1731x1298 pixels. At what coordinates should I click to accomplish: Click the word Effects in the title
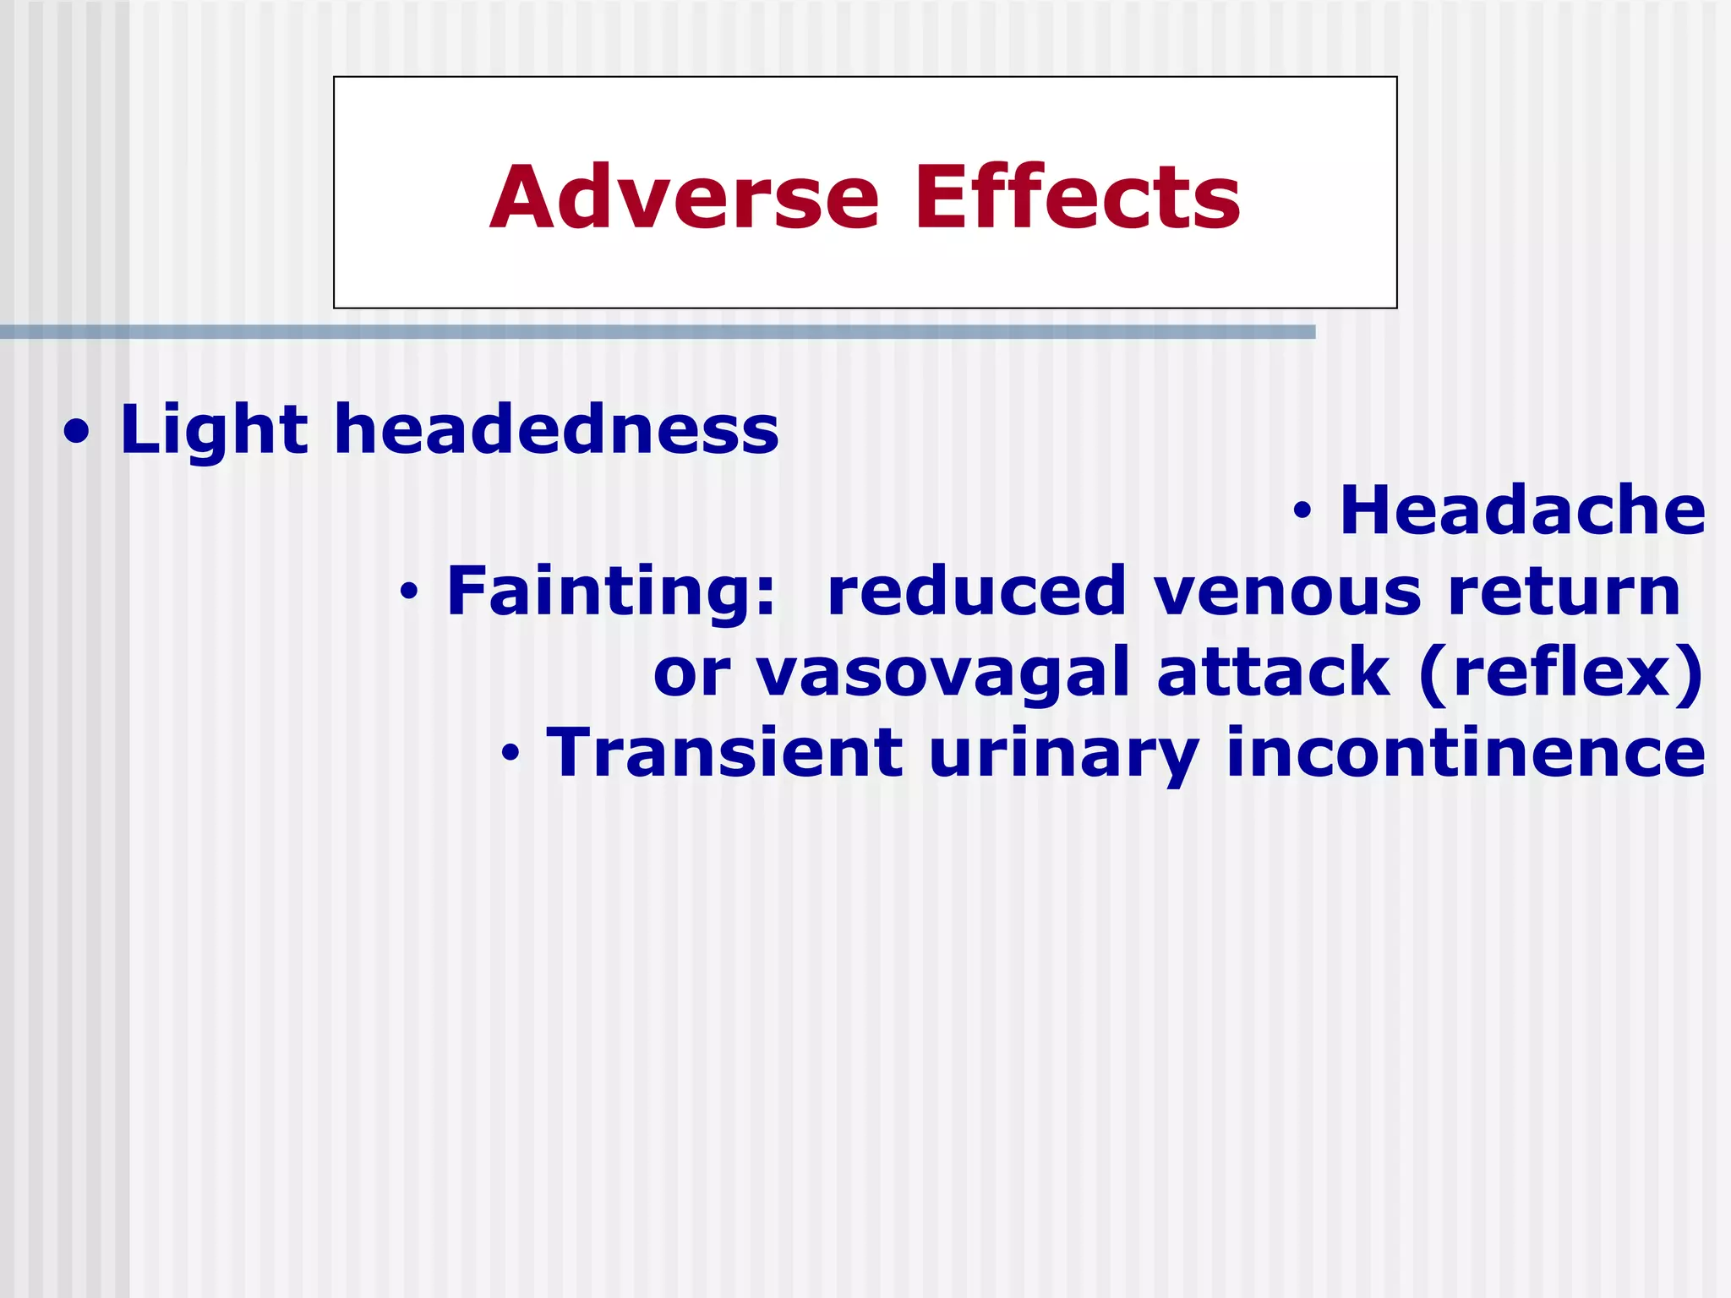1077,198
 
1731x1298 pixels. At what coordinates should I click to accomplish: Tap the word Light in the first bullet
214,430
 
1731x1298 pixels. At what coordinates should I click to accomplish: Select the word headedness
556,430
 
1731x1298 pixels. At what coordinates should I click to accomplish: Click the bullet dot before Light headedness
77,434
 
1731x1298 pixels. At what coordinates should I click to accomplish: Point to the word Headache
1522,510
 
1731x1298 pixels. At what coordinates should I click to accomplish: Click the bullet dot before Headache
1302,511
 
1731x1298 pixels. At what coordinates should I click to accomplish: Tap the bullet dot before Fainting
409,593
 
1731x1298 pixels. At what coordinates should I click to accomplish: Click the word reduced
976,592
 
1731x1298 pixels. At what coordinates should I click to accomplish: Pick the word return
1564,592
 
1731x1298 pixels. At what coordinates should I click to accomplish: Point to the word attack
1273,672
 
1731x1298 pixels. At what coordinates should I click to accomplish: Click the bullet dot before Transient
510,753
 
